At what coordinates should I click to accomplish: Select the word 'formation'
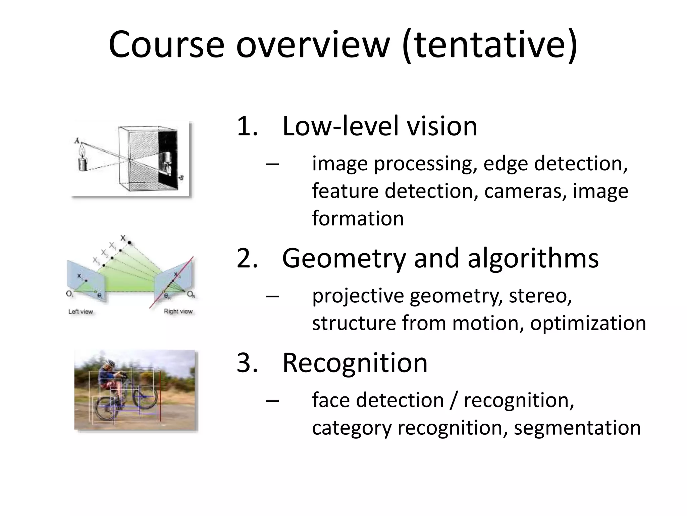358,218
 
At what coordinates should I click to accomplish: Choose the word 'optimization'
588,323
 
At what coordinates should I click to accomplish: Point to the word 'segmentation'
577,428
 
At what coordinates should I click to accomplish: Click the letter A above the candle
77,141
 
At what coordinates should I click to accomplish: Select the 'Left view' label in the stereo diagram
81,312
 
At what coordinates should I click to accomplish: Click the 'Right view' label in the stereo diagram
178,311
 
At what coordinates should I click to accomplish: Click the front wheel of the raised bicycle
145,397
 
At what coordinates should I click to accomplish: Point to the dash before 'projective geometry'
272,296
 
